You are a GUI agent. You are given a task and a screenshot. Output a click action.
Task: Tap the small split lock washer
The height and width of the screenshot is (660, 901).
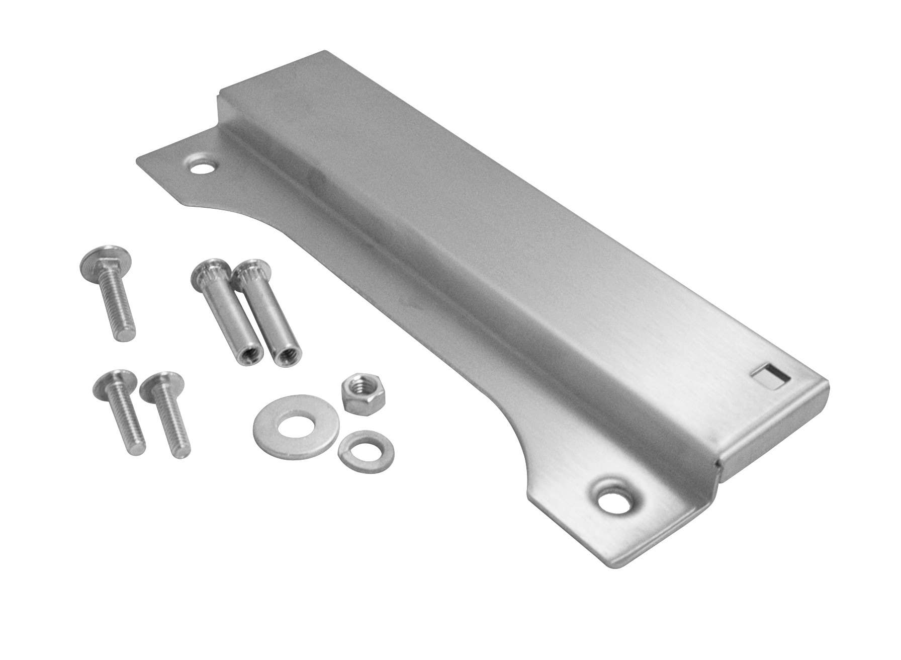point(366,448)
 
